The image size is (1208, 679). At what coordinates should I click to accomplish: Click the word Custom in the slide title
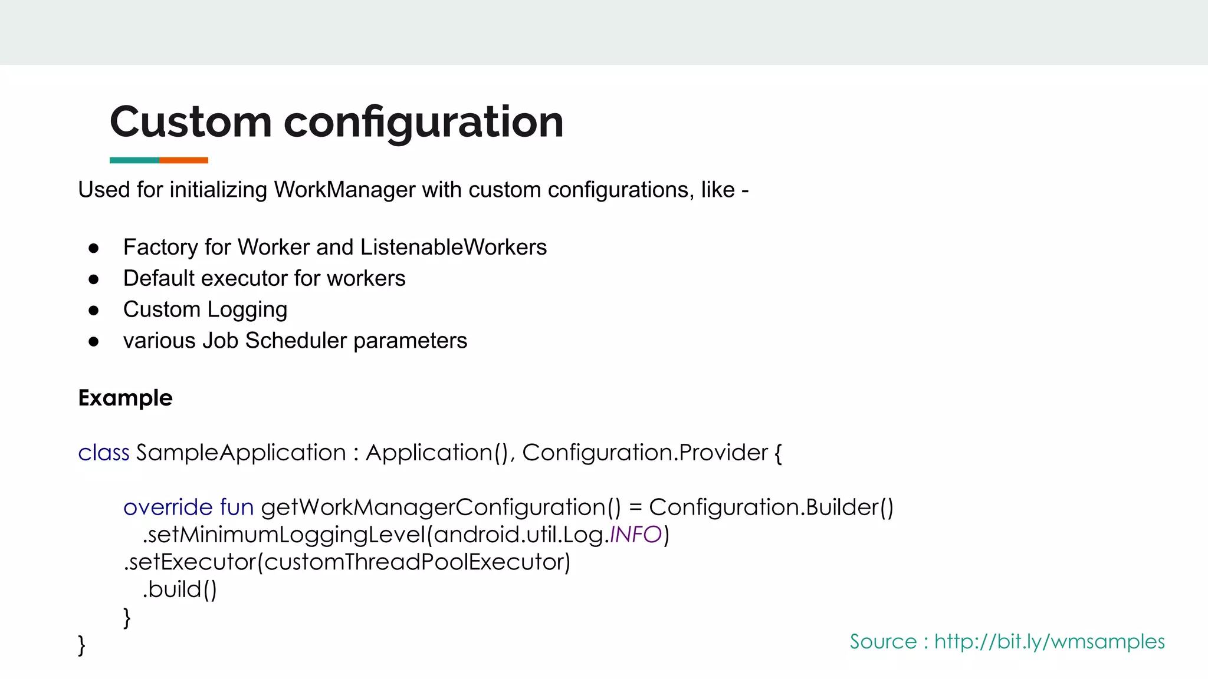[x=191, y=122]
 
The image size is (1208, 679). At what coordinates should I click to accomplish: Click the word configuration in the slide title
[x=424, y=122]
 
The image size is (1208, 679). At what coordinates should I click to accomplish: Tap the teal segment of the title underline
[x=134, y=160]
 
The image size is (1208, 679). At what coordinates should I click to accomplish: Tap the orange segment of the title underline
[x=183, y=160]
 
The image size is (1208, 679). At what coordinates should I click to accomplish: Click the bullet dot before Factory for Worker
[x=94, y=248]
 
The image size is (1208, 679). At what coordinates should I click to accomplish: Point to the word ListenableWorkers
[x=454, y=248]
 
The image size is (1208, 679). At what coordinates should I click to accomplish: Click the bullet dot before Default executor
[x=94, y=279]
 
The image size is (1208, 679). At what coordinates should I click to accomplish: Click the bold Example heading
[x=125, y=398]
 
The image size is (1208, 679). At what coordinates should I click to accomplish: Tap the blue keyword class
[x=103, y=453]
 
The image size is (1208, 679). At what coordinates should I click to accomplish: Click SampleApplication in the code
[x=241, y=453]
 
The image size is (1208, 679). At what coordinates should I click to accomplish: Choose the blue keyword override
[x=168, y=507]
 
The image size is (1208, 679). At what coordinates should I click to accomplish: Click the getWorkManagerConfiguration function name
[x=434, y=507]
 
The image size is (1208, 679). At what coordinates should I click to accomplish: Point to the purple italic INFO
[x=635, y=535]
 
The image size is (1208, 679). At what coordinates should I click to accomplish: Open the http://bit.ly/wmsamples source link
[x=1049, y=641]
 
